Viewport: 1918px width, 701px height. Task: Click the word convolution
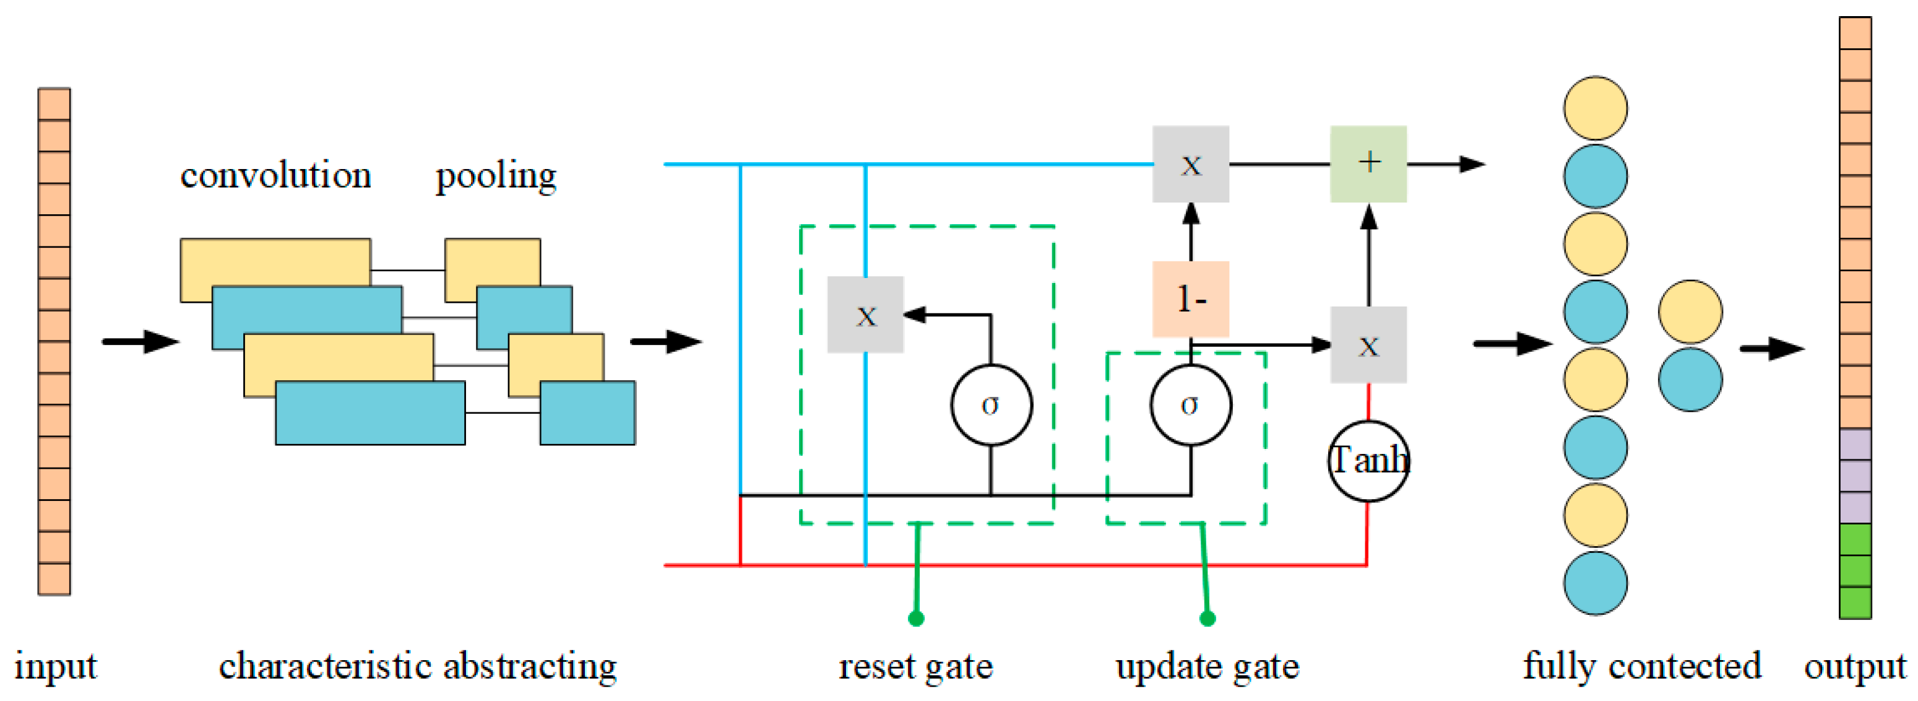click(275, 176)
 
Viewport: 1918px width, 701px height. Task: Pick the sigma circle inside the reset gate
click(991, 405)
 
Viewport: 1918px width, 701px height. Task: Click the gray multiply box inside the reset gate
click(865, 315)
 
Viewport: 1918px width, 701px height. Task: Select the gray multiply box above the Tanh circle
click(1368, 345)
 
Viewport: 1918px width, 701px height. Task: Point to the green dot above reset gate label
click(916, 618)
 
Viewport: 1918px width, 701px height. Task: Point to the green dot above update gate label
click(1207, 618)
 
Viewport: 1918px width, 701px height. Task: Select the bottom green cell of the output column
click(1855, 603)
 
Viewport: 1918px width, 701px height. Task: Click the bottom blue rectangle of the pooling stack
click(587, 412)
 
